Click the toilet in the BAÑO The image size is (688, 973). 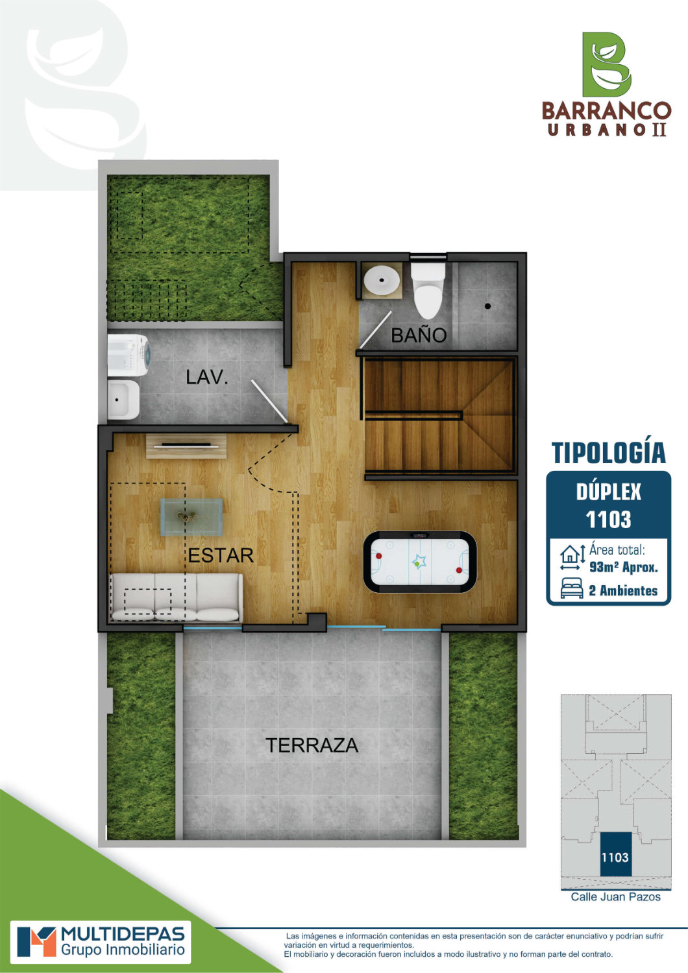click(428, 289)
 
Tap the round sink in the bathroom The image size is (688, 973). click(382, 281)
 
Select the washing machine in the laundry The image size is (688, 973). click(129, 355)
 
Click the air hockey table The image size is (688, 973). click(419, 562)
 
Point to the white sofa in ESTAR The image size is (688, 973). click(176, 597)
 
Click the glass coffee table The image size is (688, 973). click(191, 517)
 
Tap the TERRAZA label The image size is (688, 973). click(312, 745)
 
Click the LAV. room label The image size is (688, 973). click(207, 377)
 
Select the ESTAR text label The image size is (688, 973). click(221, 555)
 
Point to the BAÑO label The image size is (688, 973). click(419, 335)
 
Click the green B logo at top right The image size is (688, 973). click(606, 64)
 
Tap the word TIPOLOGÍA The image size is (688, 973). click(608, 453)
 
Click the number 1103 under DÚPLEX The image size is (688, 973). click(608, 520)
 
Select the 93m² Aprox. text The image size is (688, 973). click(623, 568)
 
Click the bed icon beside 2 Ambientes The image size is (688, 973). click(572, 588)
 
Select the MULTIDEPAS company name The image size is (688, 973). click(123, 934)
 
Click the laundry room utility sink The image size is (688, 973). click(123, 400)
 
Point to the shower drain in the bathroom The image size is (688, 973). click(487, 306)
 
